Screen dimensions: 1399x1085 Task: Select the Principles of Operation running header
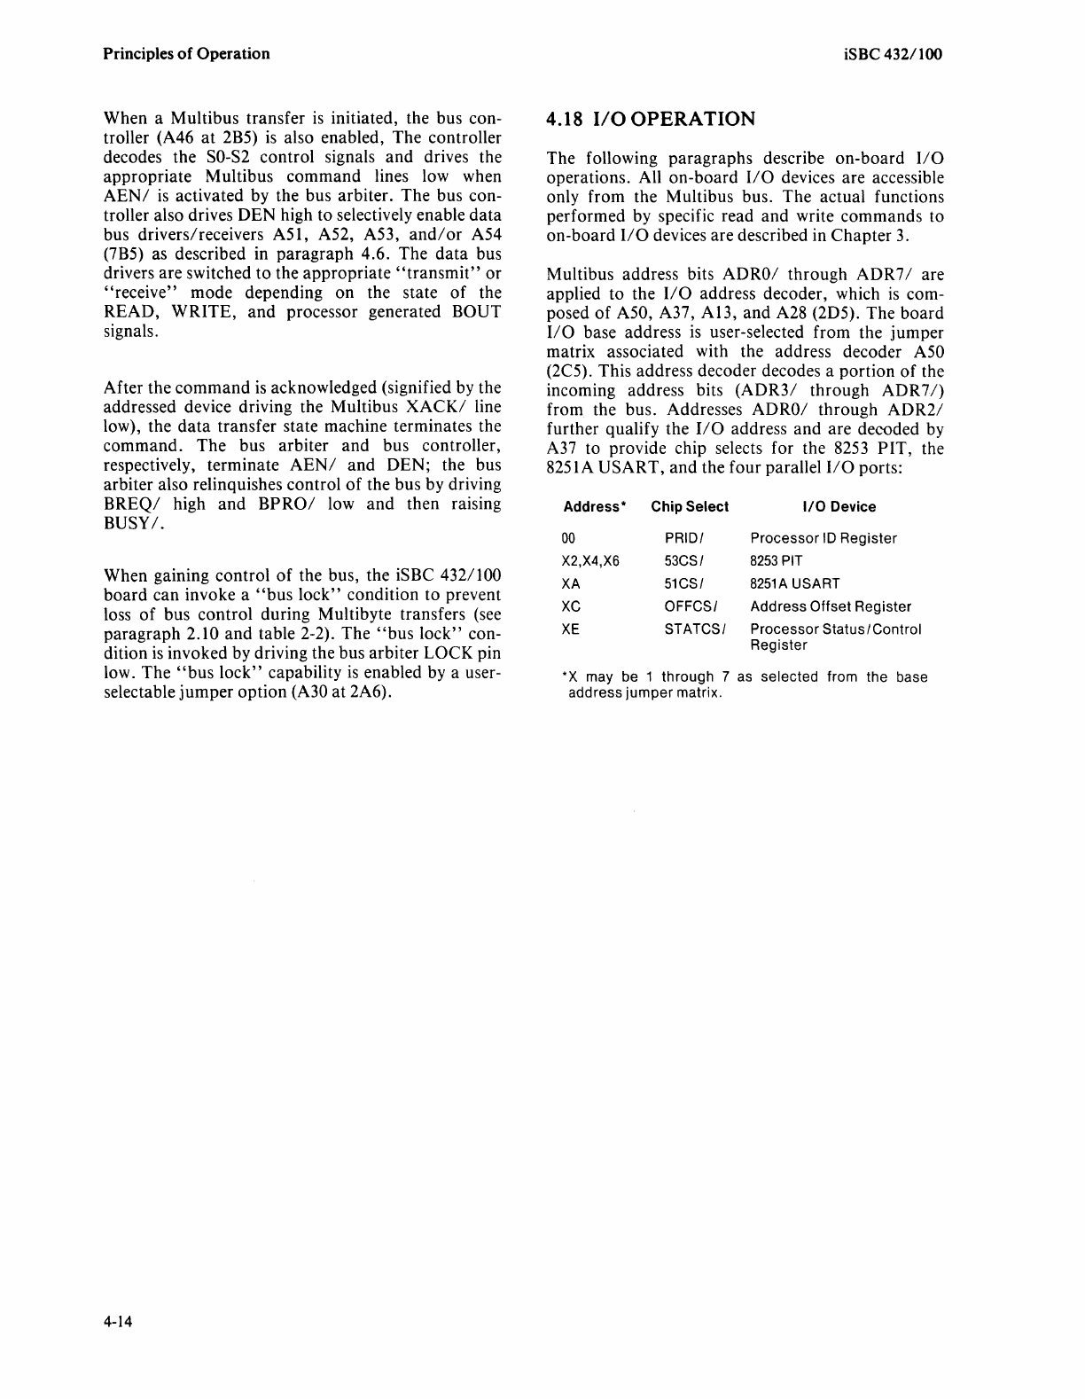click(x=186, y=54)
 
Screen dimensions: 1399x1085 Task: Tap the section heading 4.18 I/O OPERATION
click(x=652, y=120)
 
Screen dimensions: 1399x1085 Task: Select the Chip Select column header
click(x=690, y=507)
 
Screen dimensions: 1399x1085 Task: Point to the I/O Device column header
click(x=838, y=507)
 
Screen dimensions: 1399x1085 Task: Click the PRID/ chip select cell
click(x=683, y=538)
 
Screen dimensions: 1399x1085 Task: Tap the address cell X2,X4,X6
click(x=590, y=561)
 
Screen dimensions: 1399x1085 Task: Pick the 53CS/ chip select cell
click(x=683, y=561)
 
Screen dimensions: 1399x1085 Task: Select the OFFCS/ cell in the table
click(x=691, y=607)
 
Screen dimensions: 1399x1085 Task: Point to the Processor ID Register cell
click(x=824, y=538)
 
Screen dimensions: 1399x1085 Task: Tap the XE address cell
click(x=572, y=629)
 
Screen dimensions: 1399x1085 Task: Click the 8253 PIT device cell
click(x=777, y=561)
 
